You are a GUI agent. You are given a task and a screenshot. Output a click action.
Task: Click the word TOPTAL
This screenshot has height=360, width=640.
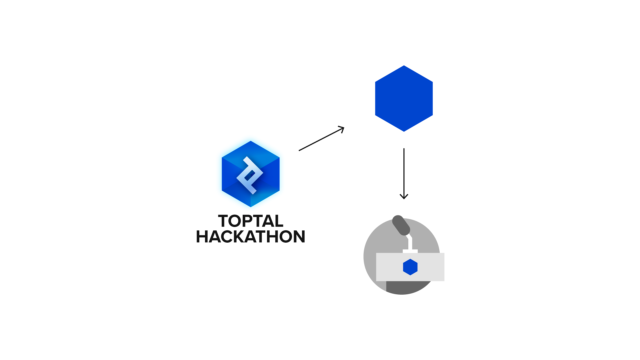(x=251, y=221)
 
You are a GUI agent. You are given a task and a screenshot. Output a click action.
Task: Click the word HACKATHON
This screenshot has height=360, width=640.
(x=251, y=237)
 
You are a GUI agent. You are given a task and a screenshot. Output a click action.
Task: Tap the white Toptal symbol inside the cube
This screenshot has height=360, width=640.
(x=250, y=175)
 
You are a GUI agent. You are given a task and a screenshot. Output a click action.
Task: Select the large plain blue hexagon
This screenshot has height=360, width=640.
(x=404, y=99)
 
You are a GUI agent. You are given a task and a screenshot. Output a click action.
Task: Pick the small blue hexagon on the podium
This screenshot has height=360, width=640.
(x=410, y=267)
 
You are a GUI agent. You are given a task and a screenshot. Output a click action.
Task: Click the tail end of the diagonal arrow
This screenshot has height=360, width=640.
(x=299, y=151)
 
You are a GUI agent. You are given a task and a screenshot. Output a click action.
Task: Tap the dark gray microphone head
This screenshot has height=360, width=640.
(x=401, y=225)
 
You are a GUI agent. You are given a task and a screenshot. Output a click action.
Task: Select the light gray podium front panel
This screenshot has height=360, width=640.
(x=410, y=267)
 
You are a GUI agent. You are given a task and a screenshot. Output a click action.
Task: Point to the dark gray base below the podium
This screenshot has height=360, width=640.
(x=407, y=287)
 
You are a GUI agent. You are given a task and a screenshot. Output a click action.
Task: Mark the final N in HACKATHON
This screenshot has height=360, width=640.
(x=299, y=237)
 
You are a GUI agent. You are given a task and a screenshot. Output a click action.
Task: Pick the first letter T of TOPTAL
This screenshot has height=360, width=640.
(x=224, y=221)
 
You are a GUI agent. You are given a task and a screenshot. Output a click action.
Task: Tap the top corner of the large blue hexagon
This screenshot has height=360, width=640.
(x=404, y=66)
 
